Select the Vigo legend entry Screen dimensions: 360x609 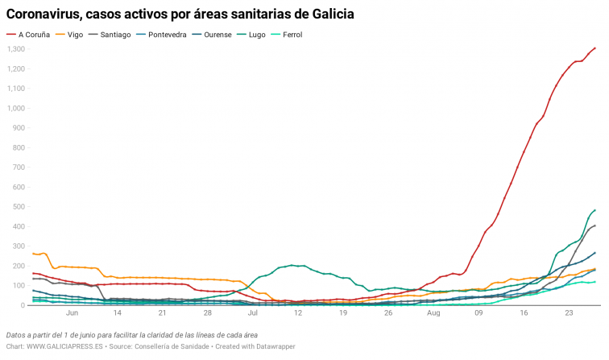click(x=75, y=35)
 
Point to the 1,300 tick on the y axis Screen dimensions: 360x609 click(x=16, y=49)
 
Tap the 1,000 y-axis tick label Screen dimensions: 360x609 click(x=16, y=108)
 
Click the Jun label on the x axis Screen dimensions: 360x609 click(x=72, y=313)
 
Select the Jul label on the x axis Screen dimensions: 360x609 click(x=253, y=313)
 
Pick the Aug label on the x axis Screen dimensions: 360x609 click(x=433, y=313)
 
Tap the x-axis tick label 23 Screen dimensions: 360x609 click(x=570, y=313)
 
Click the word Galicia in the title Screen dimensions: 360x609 click(x=329, y=14)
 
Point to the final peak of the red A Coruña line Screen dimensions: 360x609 click(x=594, y=48)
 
